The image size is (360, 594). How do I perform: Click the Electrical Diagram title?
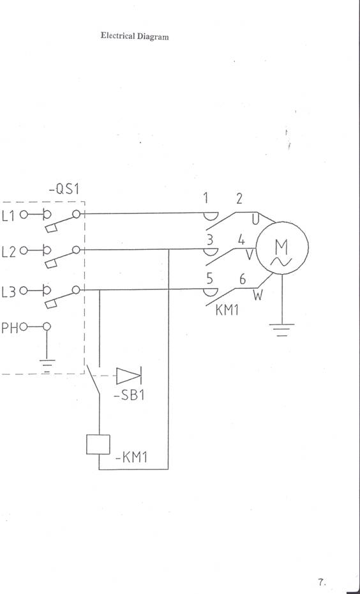135,36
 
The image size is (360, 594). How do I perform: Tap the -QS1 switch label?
65,189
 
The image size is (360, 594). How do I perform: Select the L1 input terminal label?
8,216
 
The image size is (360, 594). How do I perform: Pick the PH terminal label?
10,328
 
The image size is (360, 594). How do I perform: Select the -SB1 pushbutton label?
129,395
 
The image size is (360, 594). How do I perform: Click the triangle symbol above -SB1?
129,376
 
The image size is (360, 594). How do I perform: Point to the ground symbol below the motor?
281,330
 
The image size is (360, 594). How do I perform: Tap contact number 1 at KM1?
206,198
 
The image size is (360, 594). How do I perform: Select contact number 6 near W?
243,279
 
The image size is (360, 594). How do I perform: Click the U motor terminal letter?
256,218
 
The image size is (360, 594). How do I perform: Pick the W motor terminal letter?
258,295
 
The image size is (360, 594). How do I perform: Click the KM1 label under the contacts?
227,310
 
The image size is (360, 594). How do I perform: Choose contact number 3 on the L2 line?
210,240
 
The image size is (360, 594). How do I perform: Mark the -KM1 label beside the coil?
131,457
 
